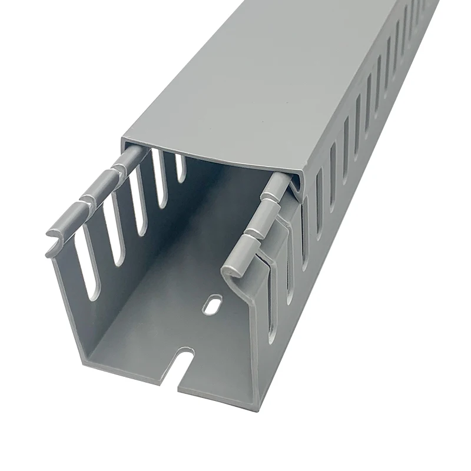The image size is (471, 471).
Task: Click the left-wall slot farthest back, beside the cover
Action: [x=180, y=167]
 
